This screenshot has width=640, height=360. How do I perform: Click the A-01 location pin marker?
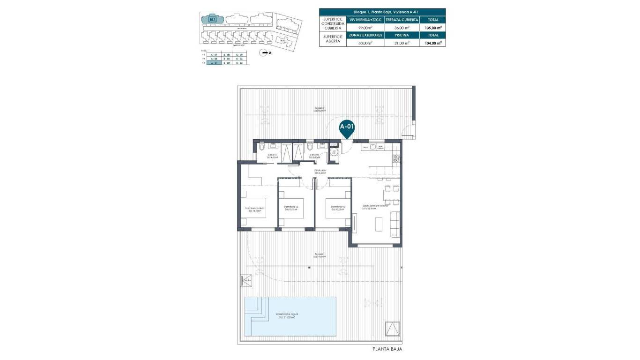click(x=347, y=127)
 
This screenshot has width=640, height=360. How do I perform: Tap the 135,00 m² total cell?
click(x=433, y=28)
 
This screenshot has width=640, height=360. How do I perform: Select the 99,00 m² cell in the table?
click(x=365, y=28)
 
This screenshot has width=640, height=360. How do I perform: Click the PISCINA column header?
click(x=402, y=35)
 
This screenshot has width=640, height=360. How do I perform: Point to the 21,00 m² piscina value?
click(x=402, y=43)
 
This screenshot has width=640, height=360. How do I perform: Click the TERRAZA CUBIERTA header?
click(x=402, y=20)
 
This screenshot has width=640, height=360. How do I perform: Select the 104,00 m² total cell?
click(x=433, y=43)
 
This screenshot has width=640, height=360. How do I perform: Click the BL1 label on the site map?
click(x=212, y=19)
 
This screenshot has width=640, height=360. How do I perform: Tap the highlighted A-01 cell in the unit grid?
click(x=214, y=62)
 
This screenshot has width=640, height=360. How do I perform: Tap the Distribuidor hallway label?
click(x=320, y=171)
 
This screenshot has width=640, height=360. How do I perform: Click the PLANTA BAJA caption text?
click(x=387, y=349)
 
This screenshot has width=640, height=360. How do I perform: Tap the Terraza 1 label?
click(x=320, y=255)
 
